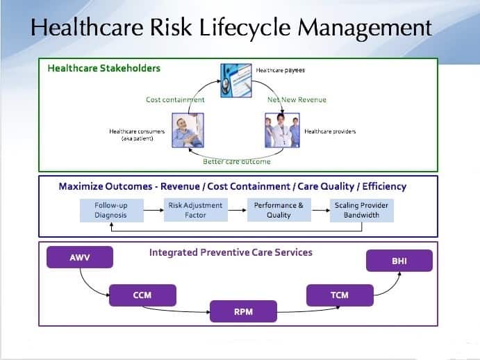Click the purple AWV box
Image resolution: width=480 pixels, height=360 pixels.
click(x=79, y=258)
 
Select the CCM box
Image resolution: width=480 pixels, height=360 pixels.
click(x=142, y=295)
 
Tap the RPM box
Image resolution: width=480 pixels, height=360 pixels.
click(x=243, y=312)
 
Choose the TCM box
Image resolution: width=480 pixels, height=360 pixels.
click(x=339, y=295)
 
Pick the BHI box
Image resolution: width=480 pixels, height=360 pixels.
click(x=399, y=261)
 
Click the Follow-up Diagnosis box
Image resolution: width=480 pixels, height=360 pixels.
click(x=111, y=211)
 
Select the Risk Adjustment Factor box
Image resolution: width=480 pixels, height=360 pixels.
click(x=195, y=211)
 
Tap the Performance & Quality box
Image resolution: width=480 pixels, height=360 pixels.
click(x=278, y=211)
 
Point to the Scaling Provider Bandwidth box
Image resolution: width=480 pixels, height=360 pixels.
click(x=361, y=211)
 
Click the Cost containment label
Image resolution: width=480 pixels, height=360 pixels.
click(x=175, y=100)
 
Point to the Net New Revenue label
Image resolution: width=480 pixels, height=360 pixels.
click(x=297, y=100)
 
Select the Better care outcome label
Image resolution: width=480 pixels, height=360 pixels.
click(x=236, y=162)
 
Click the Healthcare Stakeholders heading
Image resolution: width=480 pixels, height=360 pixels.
click(x=104, y=68)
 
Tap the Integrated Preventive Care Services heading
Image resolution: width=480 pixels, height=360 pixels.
click(x=231, y=252)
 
